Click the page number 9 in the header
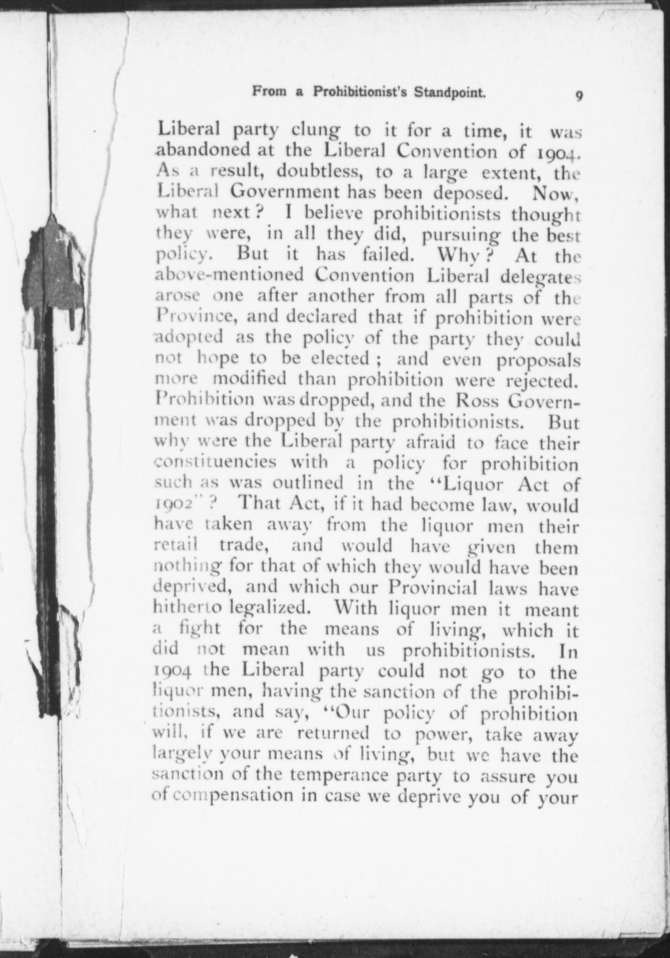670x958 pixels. (x=579, y=96)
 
